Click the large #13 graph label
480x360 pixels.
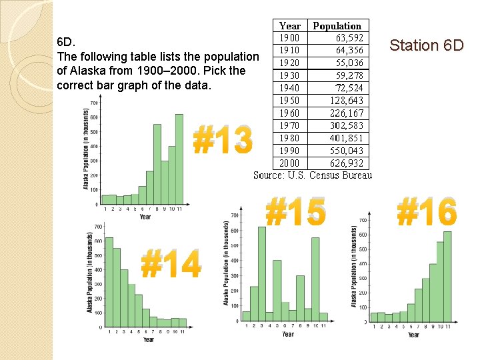[x=223, y=141]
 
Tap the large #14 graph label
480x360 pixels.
[x=171, y=263]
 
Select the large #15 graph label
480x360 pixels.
[x=296, y=212]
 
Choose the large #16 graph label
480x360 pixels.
[x=427, y=212]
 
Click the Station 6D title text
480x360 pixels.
[x=426, y=45]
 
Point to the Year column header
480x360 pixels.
[x=290, y=26]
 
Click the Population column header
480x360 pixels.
[x=337, y=26]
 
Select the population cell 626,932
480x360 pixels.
[x=347, y=163]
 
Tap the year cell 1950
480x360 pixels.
[x=290, y=101]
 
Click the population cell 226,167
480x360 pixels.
[x=347, y=113]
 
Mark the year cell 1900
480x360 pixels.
[x=290, y=38]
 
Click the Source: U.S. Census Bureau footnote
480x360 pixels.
[x=313, y=175]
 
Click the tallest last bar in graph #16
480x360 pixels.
[x=447, y=276]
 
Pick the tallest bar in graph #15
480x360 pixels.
[x=262, y=274]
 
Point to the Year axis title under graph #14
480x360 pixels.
[x=148, y=339]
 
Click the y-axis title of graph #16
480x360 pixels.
[x=354, y=265]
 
